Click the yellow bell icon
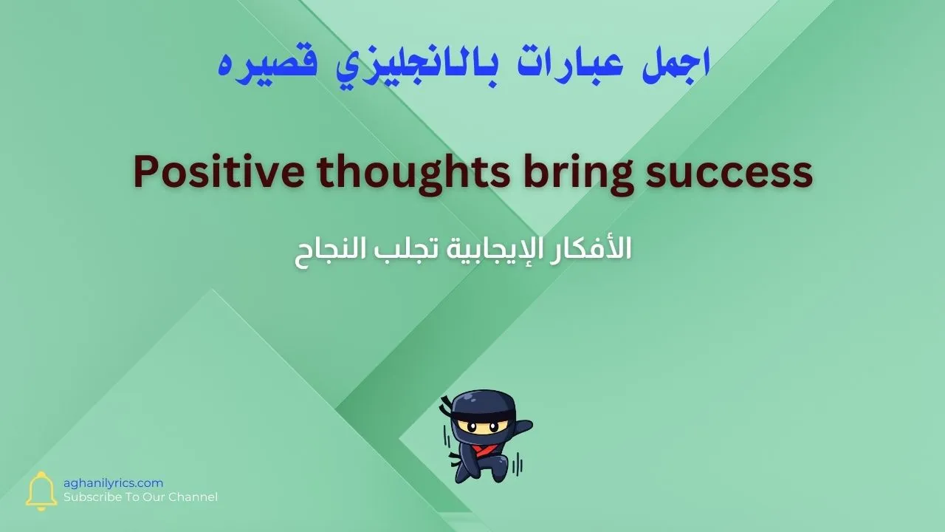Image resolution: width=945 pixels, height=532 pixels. point(41,491)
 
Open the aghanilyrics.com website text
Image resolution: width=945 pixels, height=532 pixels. point(113,482)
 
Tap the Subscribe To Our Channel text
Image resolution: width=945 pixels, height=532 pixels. point(140,497)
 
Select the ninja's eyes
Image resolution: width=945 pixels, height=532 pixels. point(481,426)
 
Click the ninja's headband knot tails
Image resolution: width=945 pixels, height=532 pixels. point(447,408)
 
